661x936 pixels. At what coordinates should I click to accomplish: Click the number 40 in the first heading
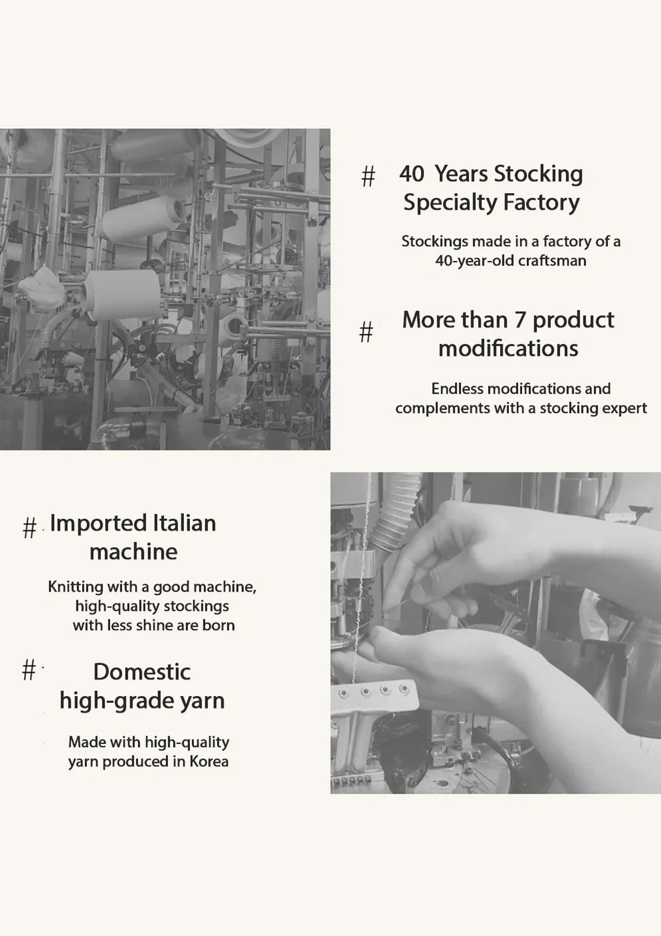(412, 174)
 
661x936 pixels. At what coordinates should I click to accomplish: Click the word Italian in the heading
(185, 523)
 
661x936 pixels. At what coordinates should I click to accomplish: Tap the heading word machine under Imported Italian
(133, 552)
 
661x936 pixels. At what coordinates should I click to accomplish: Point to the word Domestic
(142, 672)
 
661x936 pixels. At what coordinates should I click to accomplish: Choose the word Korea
(209, 761)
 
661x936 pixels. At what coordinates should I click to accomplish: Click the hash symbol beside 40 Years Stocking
(368, 176)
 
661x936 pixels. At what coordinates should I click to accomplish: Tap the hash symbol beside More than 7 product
(366, 332)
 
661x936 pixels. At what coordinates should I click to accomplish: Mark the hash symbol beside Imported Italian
(29, 528)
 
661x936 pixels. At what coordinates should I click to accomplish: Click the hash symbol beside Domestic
(29, 670)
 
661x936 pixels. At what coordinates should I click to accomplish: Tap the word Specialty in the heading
(450, 203)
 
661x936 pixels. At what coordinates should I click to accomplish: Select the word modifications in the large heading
(508, 349)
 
